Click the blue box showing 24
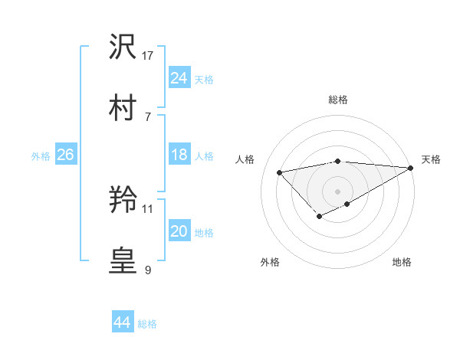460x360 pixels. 179,78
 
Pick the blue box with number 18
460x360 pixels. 179,155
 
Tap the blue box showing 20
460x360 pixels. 179,231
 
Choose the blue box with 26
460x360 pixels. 65,155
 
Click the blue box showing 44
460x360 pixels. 122,322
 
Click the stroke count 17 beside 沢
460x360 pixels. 149,56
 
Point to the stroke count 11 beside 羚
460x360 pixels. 149,208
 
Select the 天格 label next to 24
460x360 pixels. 204,79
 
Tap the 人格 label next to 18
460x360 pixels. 204,155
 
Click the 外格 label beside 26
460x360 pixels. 41,155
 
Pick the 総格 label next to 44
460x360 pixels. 147,323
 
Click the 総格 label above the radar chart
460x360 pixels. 338,100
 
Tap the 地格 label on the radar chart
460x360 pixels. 402,262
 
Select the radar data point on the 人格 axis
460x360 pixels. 279,172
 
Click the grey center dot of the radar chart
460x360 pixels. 338,191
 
